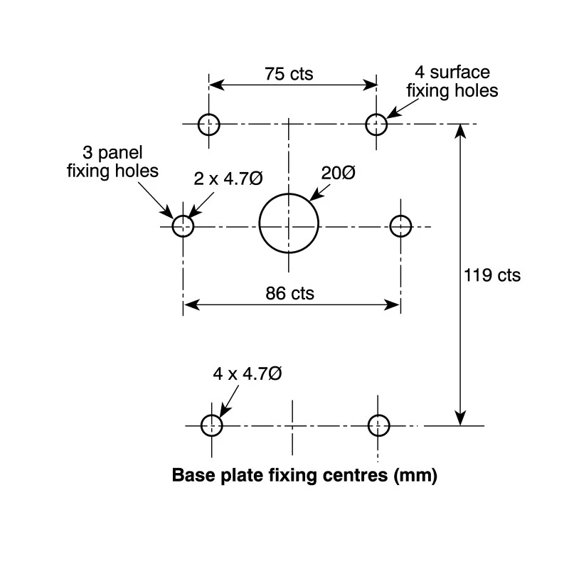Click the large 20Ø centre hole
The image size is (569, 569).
(260, 223)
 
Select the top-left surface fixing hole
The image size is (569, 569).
(198, 124)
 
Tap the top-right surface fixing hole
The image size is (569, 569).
(366, 124)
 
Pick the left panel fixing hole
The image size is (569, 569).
(172, 226)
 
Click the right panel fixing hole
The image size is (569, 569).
(390, 226)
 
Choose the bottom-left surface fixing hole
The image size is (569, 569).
(201, 425)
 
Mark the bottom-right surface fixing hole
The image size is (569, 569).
(368, 425)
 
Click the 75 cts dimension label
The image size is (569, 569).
(289, 74)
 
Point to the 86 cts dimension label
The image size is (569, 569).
(289, 293)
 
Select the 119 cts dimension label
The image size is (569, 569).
(492, 275)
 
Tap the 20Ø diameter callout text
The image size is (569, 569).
(339, 173)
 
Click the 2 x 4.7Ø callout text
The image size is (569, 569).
(228, 179)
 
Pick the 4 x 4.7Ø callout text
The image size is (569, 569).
(248, 374)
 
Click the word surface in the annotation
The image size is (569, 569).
(459, 73)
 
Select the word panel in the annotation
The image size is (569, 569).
(120, 153)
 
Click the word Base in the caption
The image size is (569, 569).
(193, 475)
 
